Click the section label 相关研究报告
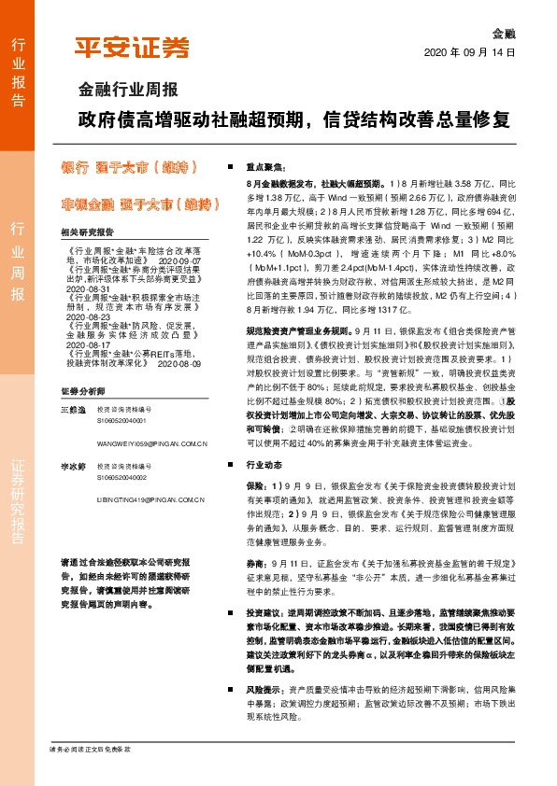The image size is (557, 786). coord(86,232)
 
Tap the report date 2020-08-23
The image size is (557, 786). coord(89,317)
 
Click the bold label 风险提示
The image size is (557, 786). coord(266,687)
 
